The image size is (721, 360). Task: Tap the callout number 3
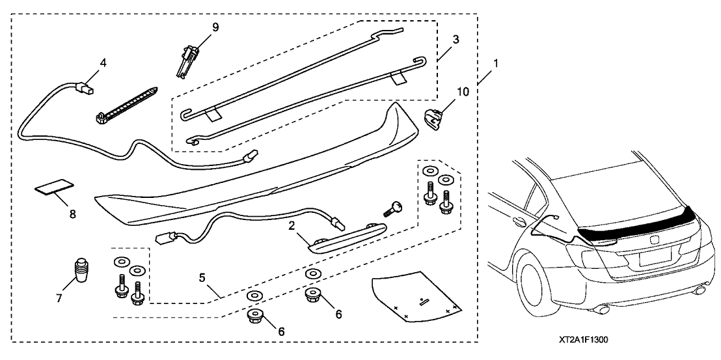point(456,40)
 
